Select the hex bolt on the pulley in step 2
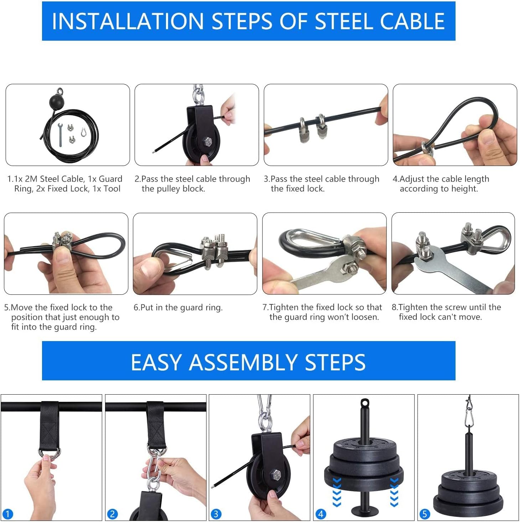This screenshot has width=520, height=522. point(207,142)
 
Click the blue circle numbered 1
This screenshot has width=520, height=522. point(7,514)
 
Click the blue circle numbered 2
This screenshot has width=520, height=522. point(112,514)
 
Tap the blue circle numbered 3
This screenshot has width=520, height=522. point(216,514)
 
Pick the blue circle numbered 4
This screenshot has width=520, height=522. point(321,514)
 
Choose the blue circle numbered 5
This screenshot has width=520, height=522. point(424,514)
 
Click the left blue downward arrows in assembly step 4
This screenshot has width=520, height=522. point(337,492)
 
